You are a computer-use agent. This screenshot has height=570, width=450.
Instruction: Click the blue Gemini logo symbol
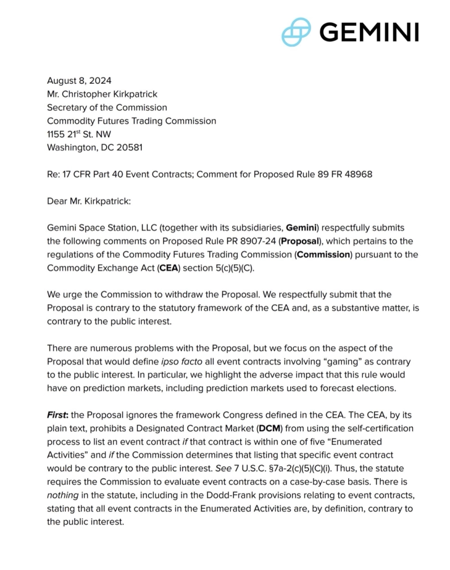[x=296, y=32]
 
